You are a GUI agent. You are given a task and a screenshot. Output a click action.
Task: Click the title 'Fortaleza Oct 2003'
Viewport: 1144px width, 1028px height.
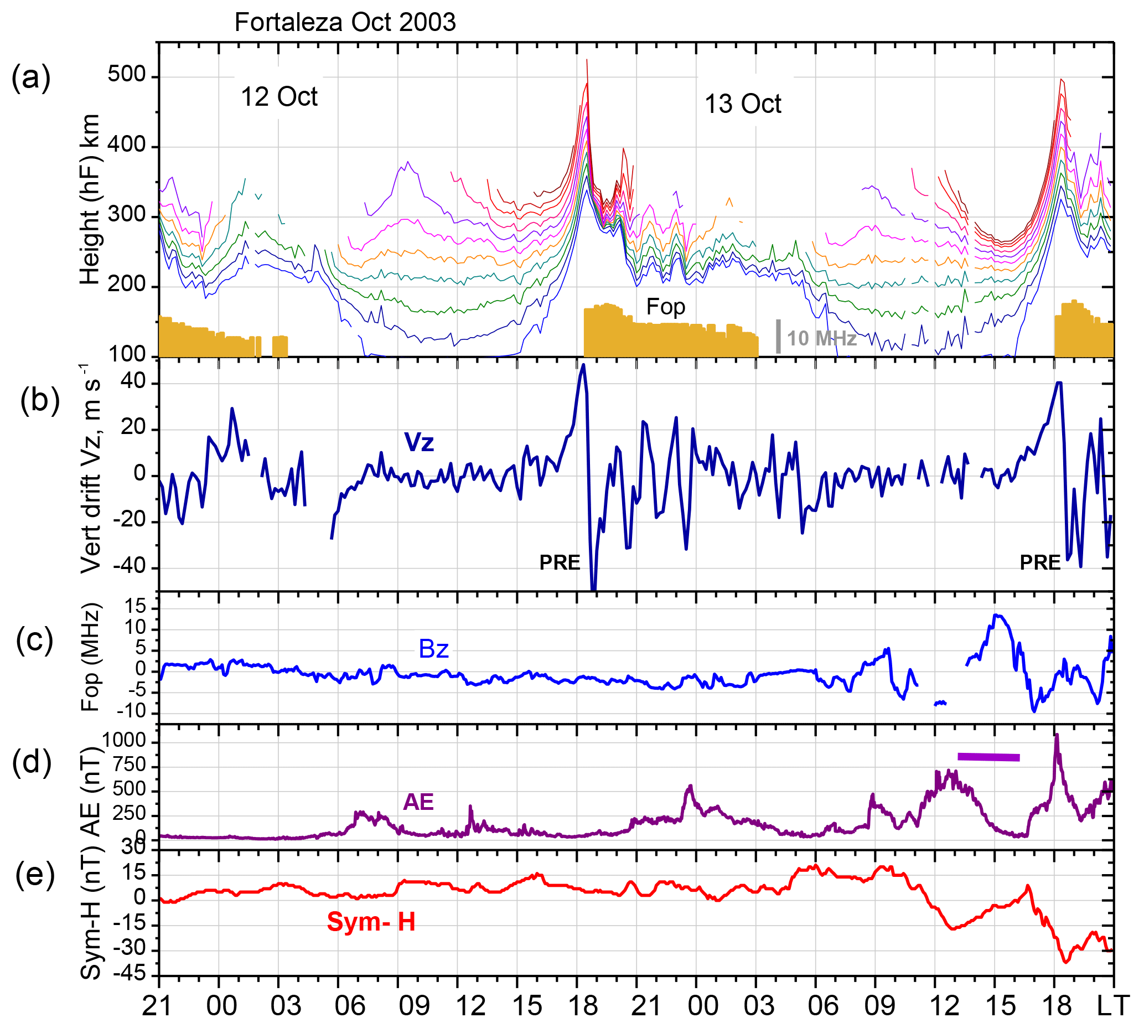[x=344, y=23]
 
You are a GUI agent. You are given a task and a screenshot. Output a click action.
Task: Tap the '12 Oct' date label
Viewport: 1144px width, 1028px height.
[x=279, y=96]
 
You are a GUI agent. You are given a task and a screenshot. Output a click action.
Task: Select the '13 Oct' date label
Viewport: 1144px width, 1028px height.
[x=743, y=104]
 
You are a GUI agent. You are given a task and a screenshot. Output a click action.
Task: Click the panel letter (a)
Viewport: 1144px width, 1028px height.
[x=31, y=78]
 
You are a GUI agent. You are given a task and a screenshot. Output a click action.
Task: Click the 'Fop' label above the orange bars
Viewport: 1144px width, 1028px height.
[x=665, y=307]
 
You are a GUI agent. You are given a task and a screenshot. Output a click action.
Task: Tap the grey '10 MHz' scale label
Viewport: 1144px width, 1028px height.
[x=821, y=338]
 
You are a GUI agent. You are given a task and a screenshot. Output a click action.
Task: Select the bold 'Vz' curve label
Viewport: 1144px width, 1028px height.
[x=419, y=442]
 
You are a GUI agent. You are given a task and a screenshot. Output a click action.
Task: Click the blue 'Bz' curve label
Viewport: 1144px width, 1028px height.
[x=433, y=649]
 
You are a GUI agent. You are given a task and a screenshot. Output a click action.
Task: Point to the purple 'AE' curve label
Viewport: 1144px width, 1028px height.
[x=418, y=802]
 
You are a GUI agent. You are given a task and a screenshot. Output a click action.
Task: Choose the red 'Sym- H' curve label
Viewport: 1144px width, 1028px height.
[x=371, y=922]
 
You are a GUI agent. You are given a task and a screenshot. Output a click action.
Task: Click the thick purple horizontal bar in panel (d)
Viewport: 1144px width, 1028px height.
[x=988, y=757]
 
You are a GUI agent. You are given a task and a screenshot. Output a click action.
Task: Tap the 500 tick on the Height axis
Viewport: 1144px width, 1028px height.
[x=127, y=75]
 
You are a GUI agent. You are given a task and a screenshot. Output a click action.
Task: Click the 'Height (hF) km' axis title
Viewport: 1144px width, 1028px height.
[x=90, y=199]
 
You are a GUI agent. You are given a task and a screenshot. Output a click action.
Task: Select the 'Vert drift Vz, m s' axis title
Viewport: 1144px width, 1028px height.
[x=90, y=469]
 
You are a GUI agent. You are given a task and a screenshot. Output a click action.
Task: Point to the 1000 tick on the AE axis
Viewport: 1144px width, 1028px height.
[x=123, y=741]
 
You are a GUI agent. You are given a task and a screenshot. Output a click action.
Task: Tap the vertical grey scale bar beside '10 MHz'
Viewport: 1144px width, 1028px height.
[x=778, y=337]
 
